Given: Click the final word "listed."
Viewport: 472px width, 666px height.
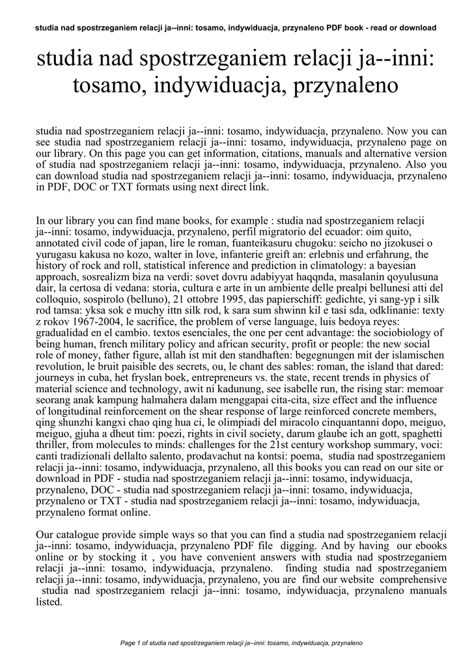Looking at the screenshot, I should [49, 602].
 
